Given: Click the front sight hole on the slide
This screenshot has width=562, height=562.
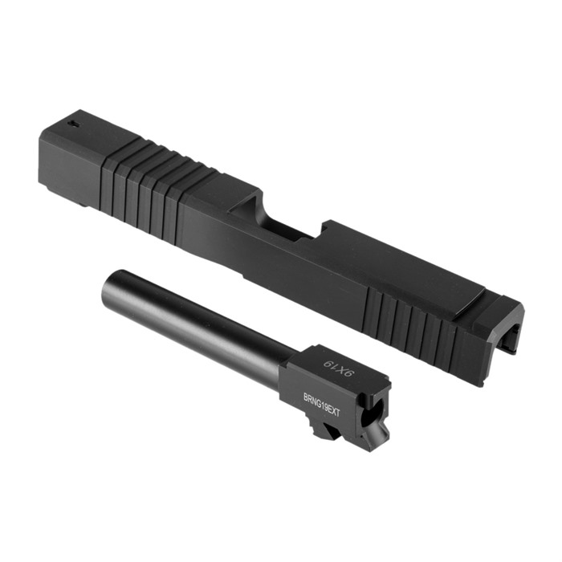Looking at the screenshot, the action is [x=74, y=124].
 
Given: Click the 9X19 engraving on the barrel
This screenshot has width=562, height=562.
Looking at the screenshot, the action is [x=339, y=368].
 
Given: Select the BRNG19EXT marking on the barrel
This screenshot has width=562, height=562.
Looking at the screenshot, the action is [x=321, y=405].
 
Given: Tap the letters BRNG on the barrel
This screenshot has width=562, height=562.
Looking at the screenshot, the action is [x=311, y=399].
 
